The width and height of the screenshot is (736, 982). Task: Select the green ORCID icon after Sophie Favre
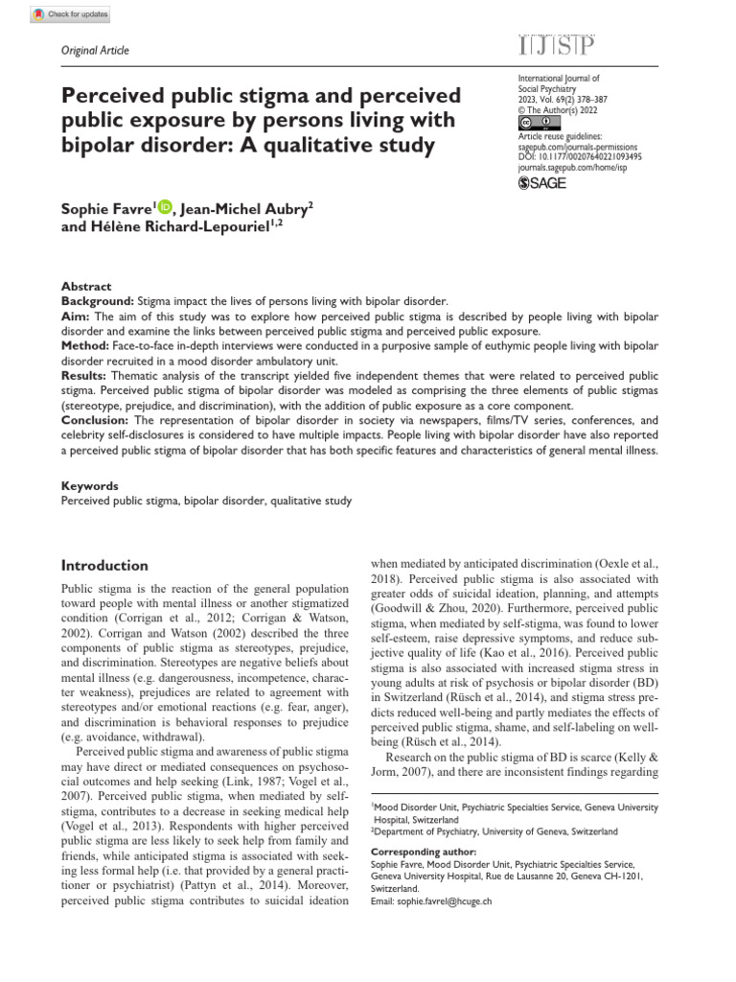tap(164, 205)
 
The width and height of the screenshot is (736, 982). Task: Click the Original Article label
tap(95, 51)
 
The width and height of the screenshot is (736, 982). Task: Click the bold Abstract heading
tap(86, 287)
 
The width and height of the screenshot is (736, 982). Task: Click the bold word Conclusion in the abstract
tap(97, 420)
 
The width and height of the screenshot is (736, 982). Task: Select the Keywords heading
tap(89, 486)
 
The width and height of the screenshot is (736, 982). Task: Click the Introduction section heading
tap(104, 566)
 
